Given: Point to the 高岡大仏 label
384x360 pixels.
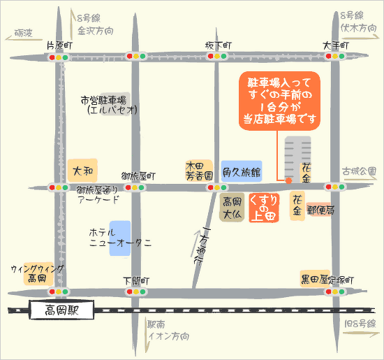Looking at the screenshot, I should pos(232,208).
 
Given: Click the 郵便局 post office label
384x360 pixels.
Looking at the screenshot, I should pos(321,209).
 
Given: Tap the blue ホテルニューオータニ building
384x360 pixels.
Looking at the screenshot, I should pos(119,237).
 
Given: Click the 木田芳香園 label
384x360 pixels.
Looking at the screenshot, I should pos(195,172).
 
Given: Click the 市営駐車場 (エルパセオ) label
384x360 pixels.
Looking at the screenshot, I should pos(105,105).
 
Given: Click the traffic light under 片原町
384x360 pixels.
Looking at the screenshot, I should pos(59,57).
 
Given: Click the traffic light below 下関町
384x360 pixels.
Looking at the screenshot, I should pos(136,291).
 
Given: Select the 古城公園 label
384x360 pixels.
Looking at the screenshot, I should pos(360,171).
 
